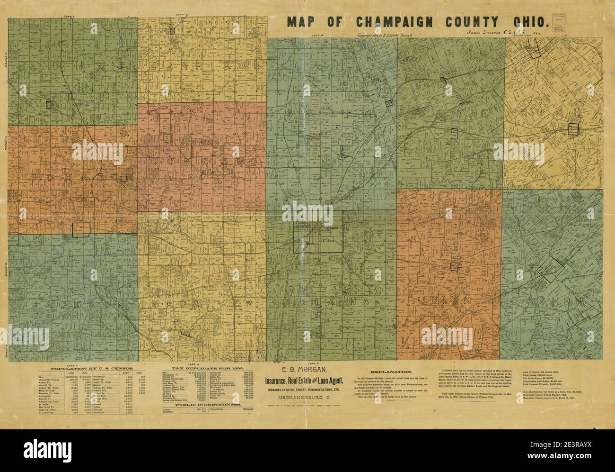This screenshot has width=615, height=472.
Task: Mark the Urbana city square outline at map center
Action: click(320, 231)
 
